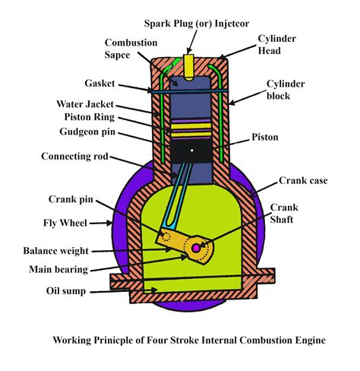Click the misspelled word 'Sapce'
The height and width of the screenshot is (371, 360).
(x=120, y=55)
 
